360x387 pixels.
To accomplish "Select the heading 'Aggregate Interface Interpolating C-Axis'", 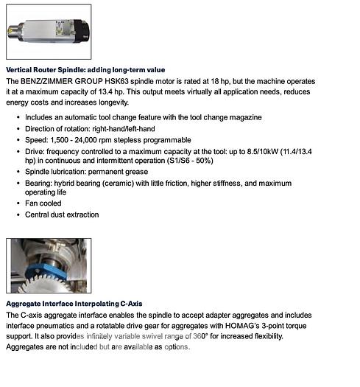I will [x=74, y=303].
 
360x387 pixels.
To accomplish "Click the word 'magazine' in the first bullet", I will [x=242, y=118].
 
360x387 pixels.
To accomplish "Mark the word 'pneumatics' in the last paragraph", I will [x=63, y=325].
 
